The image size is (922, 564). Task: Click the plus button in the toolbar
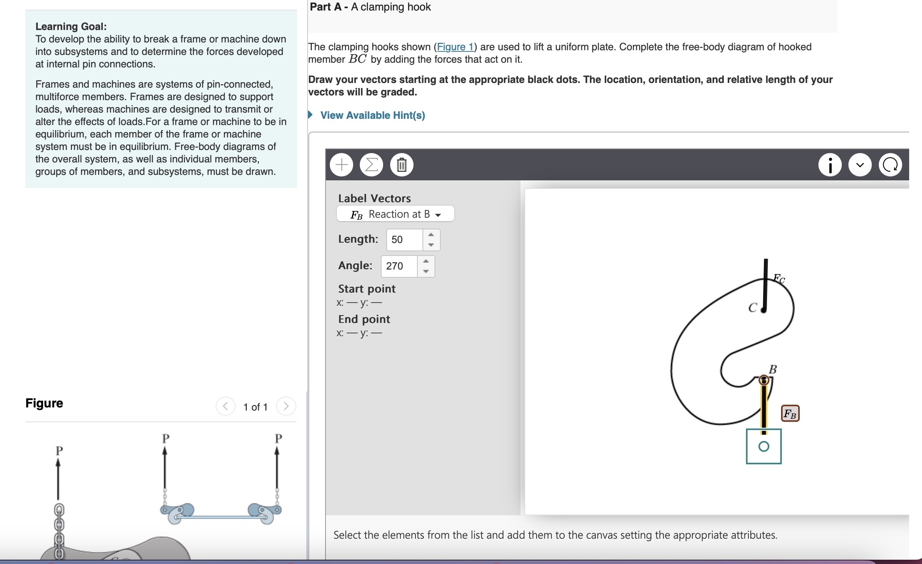coord(341,165)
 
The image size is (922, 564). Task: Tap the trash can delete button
coord(401,165)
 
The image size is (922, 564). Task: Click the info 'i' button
coord(830,165)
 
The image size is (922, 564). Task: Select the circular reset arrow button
coord(890,165)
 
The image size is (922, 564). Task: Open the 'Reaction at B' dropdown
coord(395,214)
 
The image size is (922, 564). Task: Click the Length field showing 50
coord(405,240)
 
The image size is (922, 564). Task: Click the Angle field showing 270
coord(399,266)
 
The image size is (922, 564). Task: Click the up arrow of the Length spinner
coord(431,234)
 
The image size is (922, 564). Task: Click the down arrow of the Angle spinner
coord(426,271)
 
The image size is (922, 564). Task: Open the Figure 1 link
coord(455,47)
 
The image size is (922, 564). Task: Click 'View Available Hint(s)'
coord(372,115)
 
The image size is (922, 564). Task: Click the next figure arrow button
coord(286,406)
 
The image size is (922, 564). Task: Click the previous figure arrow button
coord(225,406)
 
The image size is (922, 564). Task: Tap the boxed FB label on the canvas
coord(790,414)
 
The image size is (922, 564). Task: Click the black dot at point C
coord(764,310)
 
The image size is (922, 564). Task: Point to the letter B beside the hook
coord(773,369)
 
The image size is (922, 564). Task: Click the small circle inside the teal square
coord(764,446)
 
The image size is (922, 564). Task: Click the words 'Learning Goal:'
coord(71,26)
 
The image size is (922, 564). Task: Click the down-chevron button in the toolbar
coord(860,165)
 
